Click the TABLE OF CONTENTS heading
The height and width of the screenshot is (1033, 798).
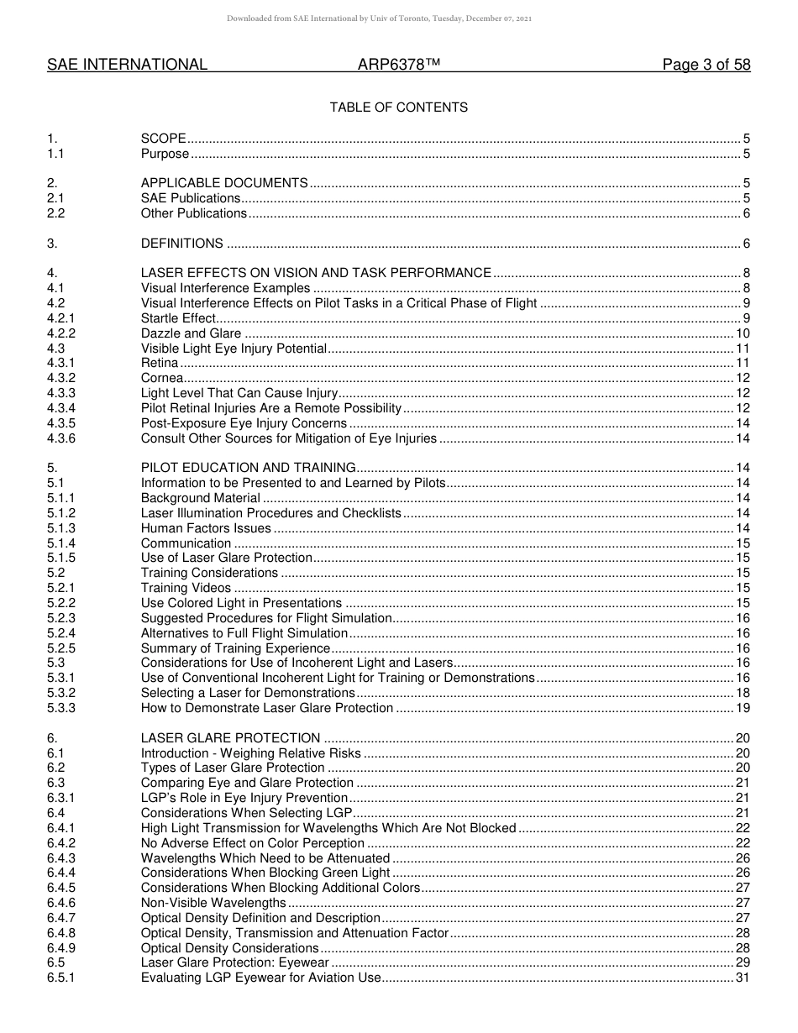pyautogui.click(x=398, y=107)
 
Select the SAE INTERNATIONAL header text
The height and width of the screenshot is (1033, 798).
pyautogui.click(x=127, y=66)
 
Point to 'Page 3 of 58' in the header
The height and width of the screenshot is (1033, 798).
pyautogui.click(x=706, y=66)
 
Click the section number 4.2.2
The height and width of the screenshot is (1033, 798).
pyautogui.click(x=61, y=333)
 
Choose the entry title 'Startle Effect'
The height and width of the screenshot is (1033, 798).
pyautogui.click(x=178, y=318)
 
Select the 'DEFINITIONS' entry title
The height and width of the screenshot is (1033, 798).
pyautogui.click(x=181, y=244)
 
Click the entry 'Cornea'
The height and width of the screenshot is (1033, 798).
pyautogui.click(x=161, y=378)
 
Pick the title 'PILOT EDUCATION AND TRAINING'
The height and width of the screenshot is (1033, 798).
pyautogui.click(x=248, y=468)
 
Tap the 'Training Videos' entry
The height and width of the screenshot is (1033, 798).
pyautogui.click(x=186, y=588)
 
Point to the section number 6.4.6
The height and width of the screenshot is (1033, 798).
pyautogui.click(x=61, y=903)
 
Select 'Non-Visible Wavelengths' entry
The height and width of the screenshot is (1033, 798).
pyautogui.click(x=213, y=903)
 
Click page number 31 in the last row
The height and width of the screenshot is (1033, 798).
pyautogui.click(x=743, y=978)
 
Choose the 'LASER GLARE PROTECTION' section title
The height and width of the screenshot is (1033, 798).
pyautogui.click(x=230, y=738)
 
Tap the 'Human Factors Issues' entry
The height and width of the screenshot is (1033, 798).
pyautogui.click(x=206, y=528)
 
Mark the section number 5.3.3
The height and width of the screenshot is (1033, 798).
pyautogui.click(x=61, y=708)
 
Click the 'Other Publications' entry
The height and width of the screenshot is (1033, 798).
pyautogui.click(x=193, y=213)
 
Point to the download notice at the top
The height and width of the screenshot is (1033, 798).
pyautogui.click(x=379, y=18)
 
